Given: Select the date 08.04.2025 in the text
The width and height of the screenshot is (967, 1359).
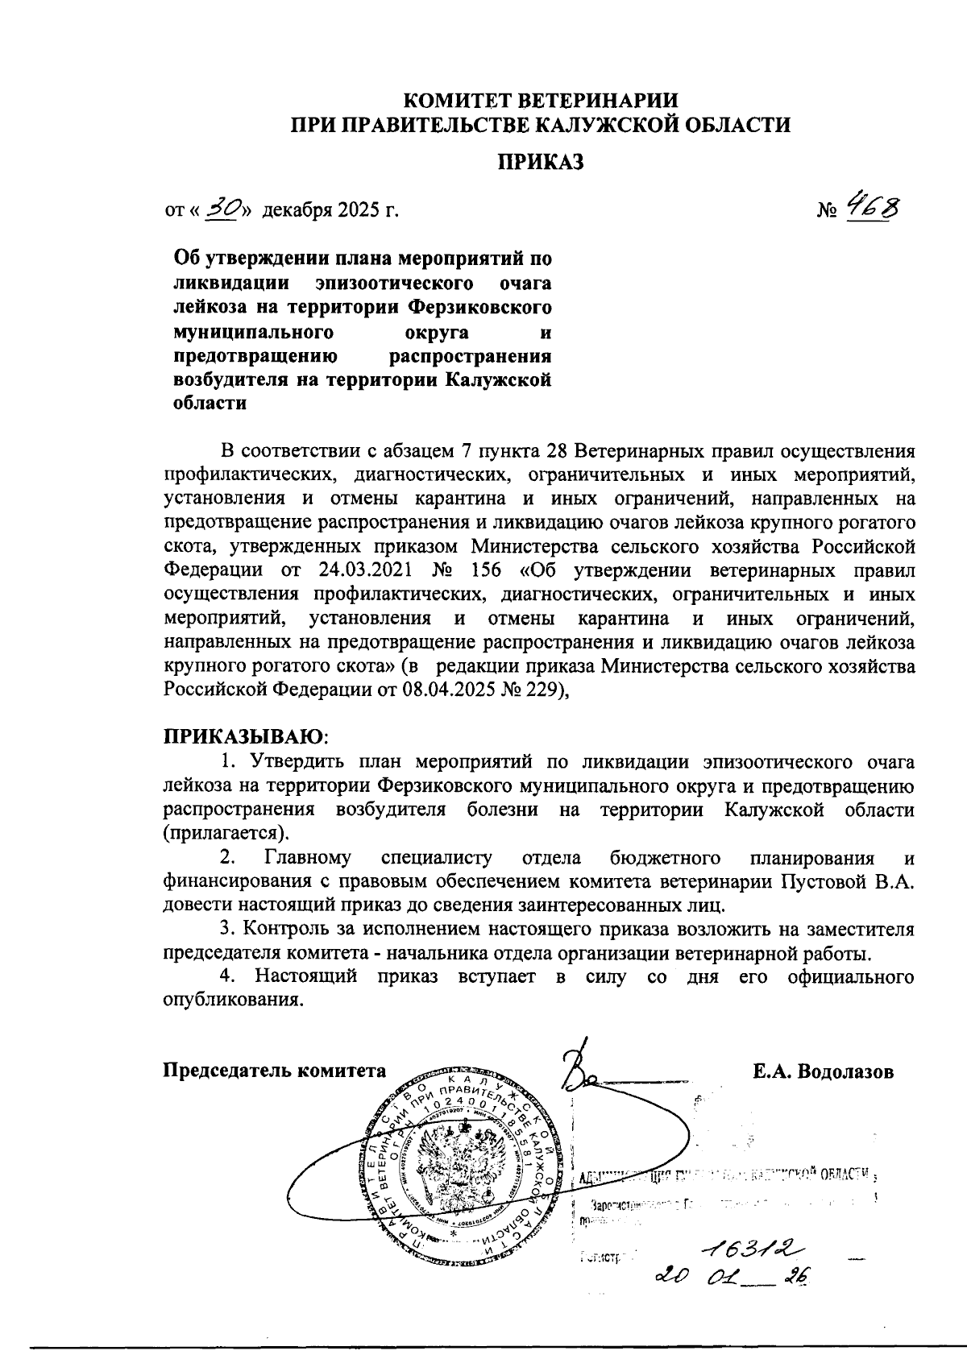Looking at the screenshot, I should tap(445, 690).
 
